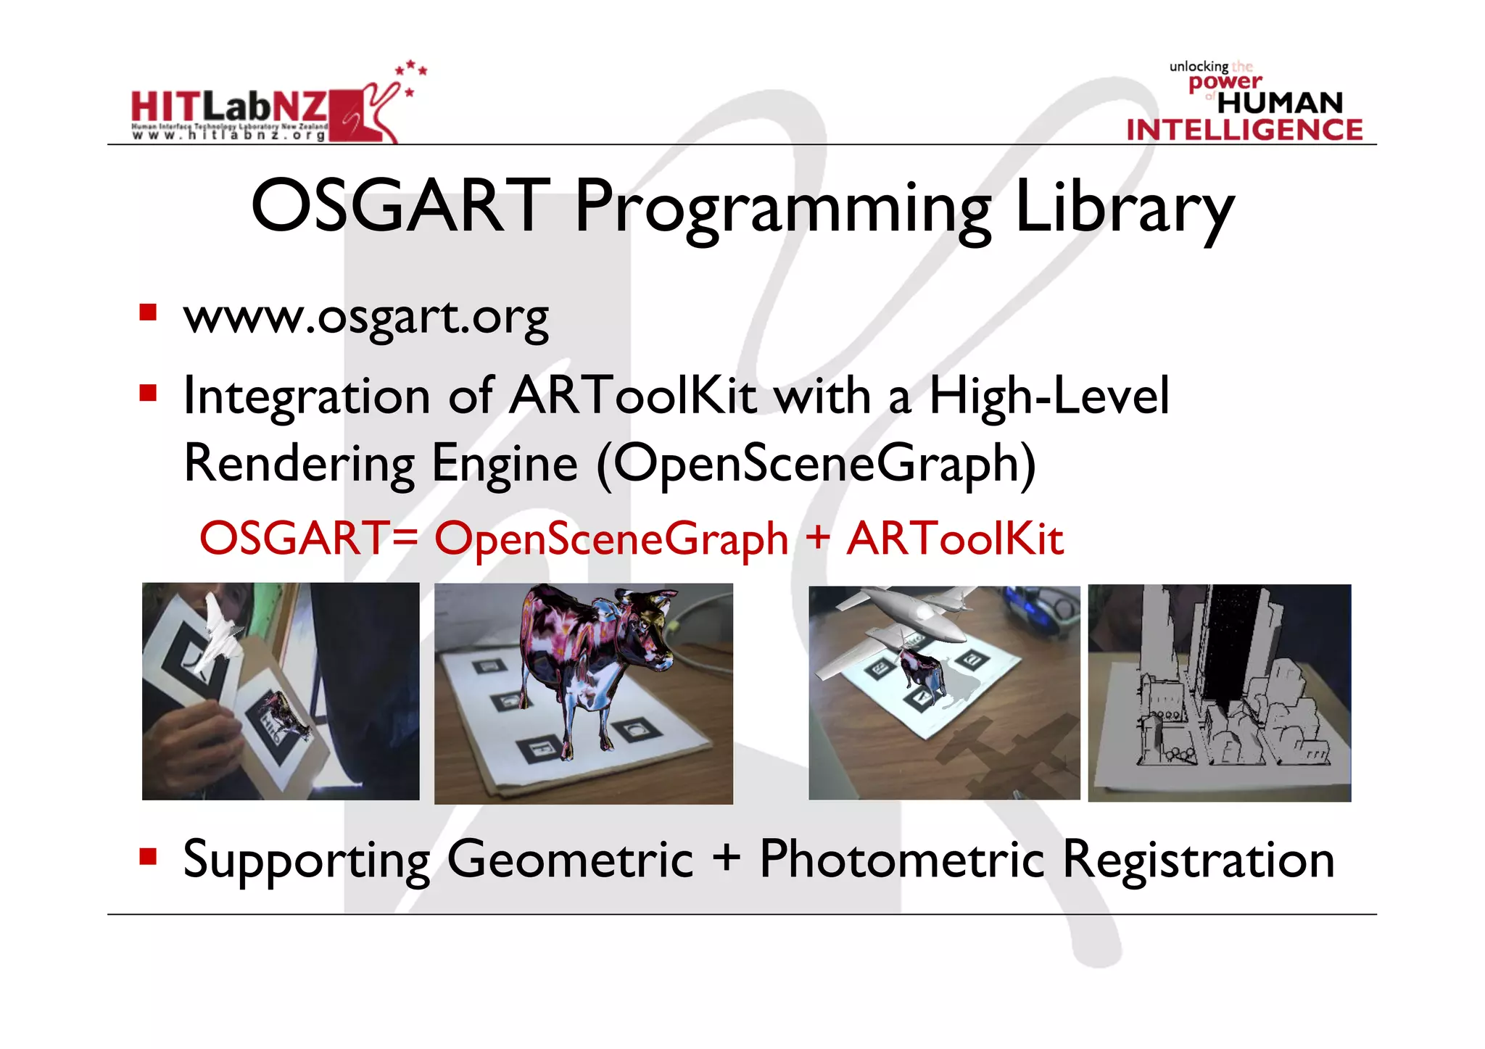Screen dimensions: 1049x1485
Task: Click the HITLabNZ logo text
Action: tap(229, 107)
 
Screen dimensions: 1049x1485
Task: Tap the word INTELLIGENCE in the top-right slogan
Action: tap(1244, 130)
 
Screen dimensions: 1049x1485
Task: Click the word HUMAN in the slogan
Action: tap(1280, 103)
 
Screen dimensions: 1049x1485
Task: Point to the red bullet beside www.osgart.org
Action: tap(149, 313)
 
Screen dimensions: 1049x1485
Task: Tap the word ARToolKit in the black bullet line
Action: tap(633, 397)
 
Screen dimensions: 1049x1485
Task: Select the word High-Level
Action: tap(1049, 397)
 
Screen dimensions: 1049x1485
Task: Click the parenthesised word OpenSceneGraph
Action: tap(816, 464)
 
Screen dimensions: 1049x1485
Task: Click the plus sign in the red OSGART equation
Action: tap(817, 538)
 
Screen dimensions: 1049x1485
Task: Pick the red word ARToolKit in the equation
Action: tap(955, 539)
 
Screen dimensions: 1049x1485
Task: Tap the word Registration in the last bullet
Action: tap(1198, 860)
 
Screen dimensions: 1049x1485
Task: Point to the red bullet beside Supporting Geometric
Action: tap(149, 858)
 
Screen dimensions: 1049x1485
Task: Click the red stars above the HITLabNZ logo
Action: tap(411, 71)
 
